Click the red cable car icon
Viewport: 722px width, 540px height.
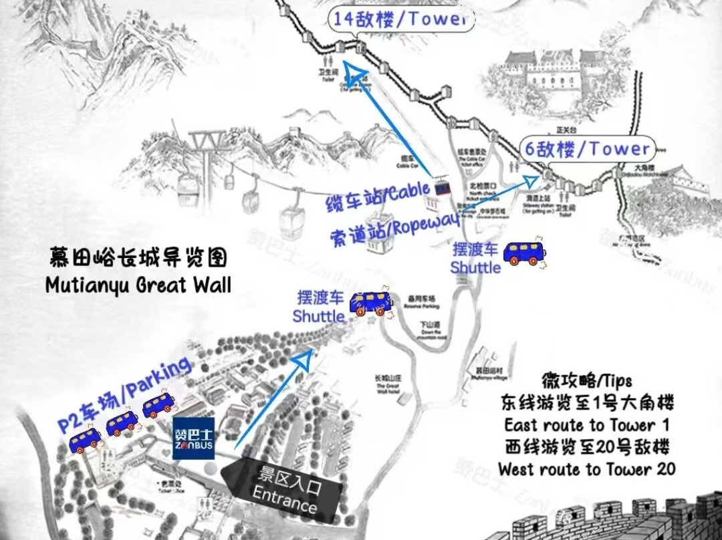(441, 189)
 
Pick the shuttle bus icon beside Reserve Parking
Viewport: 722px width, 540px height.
(370, 303)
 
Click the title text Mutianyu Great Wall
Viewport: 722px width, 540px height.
(138, 285)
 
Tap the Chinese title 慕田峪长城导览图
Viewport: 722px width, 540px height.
(138, 258)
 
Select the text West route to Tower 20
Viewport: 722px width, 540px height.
(586, 469)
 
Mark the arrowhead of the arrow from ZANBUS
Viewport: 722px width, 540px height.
(304, 360)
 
